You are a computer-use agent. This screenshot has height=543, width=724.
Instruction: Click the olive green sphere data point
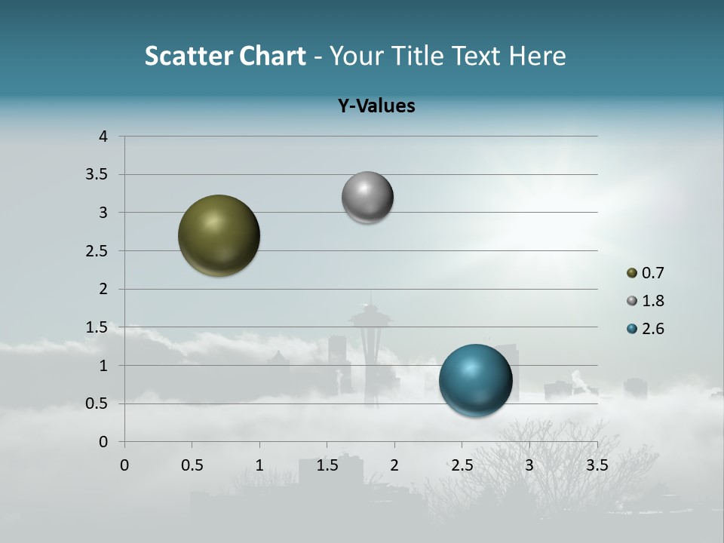(x=219, y=235)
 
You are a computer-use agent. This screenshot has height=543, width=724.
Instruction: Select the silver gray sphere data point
(x=367, y=198)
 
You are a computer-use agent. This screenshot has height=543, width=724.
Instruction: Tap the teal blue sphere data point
(x=475, y=380)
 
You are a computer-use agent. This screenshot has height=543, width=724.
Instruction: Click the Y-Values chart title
(x=376, y=106)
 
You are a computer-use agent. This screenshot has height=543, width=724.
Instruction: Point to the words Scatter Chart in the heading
(x=225, y=56)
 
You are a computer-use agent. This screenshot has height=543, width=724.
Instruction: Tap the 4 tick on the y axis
(x=103, y=137)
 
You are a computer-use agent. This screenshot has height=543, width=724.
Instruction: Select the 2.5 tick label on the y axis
(x=98, y=251)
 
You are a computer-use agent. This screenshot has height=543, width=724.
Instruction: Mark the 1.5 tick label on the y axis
(x=98, y=327)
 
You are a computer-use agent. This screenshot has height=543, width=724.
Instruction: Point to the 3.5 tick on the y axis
(x=98, y=175)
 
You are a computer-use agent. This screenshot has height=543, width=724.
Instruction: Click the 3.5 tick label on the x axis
(x=597, y=465)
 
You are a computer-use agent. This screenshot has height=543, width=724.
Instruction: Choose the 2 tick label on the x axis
(x=394, y=465)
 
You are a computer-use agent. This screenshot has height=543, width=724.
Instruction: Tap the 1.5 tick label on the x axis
(x=327, y=465)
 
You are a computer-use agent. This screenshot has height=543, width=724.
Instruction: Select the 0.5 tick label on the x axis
(x=192, y=465)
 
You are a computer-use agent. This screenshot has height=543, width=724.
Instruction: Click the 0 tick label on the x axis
(x=124, y=465)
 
